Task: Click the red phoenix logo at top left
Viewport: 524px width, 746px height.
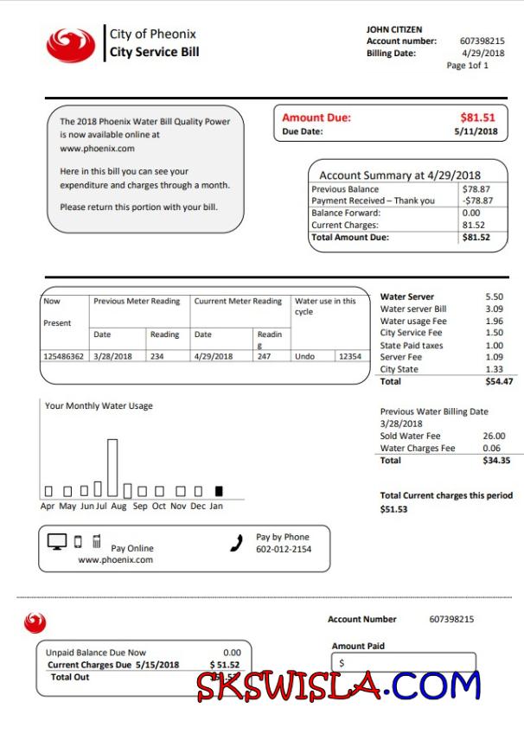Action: pyautogui.click(x=71, y=45)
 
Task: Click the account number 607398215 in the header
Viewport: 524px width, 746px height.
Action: pyautogui.click(x=482, y=41)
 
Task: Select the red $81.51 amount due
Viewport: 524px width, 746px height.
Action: pyautogui.click(x=477, y=118)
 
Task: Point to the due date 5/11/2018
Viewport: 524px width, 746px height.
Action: pyautogui.click(x=476, y=131)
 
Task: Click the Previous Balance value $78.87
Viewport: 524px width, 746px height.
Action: pyautogui.click(x=476, y=188)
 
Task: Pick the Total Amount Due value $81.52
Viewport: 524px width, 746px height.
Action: pyautogui.click(x=476, y=237)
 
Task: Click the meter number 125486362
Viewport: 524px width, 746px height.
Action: pyautogui.click(x=64, y=356)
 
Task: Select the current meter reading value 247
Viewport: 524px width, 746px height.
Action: pyautogui.click(x=263, y=356)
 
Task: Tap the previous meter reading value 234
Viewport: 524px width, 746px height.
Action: pyautogui.click(x=157, y=356)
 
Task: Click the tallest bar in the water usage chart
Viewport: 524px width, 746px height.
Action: pyautogui.click(x=112, y=468)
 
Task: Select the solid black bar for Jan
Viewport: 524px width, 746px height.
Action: pyautogui.click(x=219, y=491)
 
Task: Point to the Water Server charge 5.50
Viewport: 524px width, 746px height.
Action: pyautogui.click(x=494, y=296)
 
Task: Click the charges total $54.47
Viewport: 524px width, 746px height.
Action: pyautogui.click(x=498, y=380)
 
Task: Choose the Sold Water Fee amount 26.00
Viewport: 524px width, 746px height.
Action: pyautogui.click(x=494, y=437)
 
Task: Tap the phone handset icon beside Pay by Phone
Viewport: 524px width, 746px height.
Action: pyautogui.click(x=236, y=544)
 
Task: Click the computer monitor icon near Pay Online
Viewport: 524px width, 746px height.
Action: pyautogui.click(x=57, y=542)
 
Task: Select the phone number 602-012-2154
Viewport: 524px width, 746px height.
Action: pyautogui.click(x=284, y=550)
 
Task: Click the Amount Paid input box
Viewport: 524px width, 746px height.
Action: pyautogui.click(x=403, y=663)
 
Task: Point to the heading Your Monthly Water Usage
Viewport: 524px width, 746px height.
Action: pyautogui.click(x=99, y=405)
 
